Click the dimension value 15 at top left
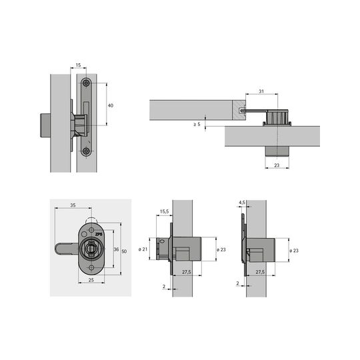(78, 65)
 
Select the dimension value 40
(111, 105)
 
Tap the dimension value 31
(261, 91)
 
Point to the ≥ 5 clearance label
(197, 124)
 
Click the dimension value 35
(73, 205)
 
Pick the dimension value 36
(116, 249)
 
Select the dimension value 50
(124, 251)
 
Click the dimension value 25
(91, 280)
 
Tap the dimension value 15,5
(164, 211)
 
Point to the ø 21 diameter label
(143, 249)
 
